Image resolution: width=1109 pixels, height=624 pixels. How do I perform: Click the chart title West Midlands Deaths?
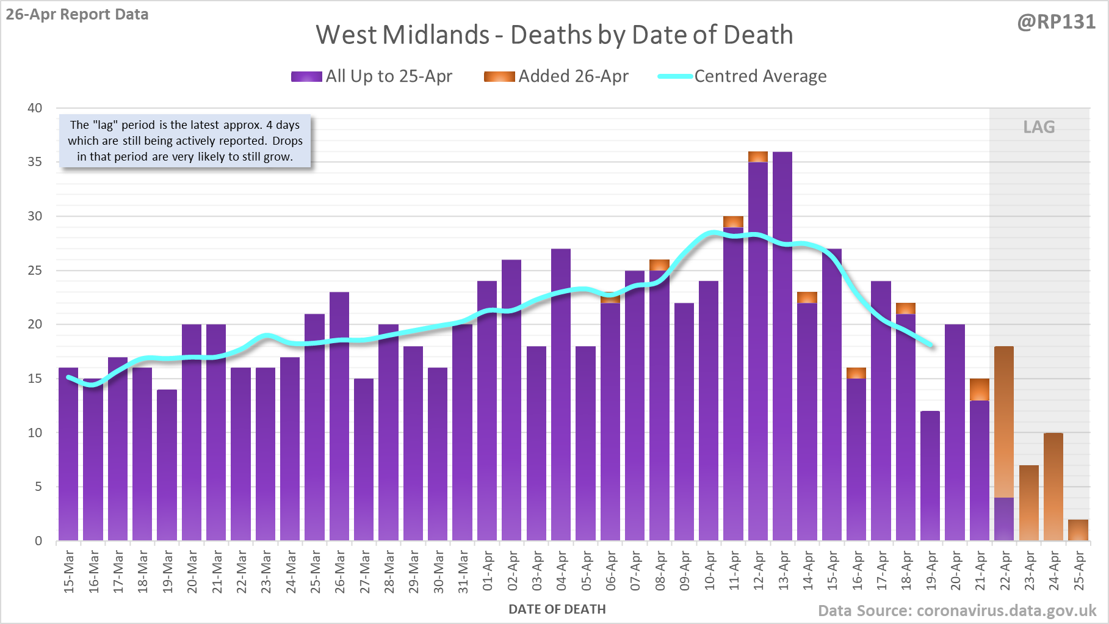554,35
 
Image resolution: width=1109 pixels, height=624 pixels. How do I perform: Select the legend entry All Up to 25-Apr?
372,76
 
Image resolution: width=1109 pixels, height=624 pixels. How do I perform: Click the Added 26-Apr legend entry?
556,76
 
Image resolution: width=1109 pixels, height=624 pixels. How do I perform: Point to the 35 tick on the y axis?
35,162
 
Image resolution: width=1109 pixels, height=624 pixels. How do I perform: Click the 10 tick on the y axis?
35,433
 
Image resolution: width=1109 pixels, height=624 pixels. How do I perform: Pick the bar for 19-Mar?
167,464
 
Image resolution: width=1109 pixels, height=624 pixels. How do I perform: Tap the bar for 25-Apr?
1078,530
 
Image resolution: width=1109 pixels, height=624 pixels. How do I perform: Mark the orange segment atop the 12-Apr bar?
758,157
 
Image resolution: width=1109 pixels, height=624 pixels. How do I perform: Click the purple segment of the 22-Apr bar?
1004,519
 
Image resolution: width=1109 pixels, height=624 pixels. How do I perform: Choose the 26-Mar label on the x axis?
340,571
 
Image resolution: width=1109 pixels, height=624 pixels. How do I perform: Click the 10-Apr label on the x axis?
709,571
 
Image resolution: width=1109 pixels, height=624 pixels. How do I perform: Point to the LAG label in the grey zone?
1039,127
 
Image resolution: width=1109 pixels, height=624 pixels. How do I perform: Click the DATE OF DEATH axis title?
557,609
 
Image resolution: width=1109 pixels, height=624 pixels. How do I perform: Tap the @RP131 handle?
1056,22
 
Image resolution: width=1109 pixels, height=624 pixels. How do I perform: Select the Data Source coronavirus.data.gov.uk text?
957,611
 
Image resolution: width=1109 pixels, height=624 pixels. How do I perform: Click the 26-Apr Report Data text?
78,15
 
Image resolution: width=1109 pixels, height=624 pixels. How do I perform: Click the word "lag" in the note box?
104,125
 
